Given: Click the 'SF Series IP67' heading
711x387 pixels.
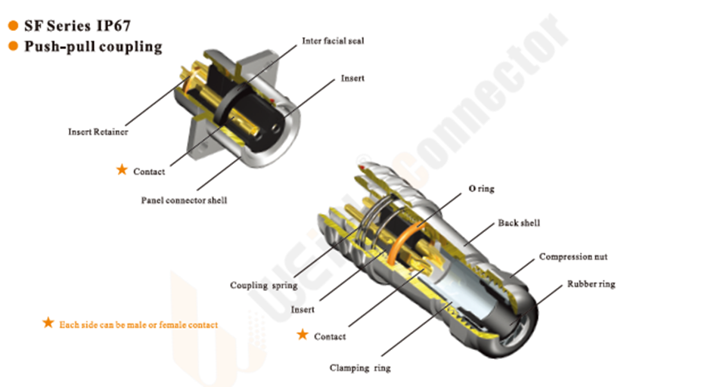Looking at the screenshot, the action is pos(78,26).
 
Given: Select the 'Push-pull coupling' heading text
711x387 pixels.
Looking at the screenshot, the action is pos(93,47).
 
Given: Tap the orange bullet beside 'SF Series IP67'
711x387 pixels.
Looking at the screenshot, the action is pos(13,26).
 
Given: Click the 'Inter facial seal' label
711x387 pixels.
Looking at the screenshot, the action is pos(333,41).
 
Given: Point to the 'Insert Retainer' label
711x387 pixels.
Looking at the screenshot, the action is pos(98,132).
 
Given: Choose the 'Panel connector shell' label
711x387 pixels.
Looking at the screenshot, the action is pos(184,200).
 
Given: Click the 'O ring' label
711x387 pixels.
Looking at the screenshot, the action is pos(481,188).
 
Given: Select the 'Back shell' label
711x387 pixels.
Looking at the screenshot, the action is pos(519,223).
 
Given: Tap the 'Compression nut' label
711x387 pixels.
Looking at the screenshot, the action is pos(573,257).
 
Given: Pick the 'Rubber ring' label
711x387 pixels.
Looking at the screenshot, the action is pos(591,284).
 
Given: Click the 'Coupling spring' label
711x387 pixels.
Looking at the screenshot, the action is pos(263,286).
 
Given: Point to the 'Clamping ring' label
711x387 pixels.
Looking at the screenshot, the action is pos(360,368).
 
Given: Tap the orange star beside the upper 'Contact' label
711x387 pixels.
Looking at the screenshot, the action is pos(122,170).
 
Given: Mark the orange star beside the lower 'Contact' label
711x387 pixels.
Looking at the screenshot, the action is pos(303,335).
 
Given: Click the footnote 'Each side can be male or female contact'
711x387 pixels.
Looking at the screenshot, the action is pos(138,325).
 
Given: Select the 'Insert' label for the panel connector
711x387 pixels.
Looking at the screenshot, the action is pos(352,79).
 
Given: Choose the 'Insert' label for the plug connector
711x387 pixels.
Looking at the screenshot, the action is pos(303,309).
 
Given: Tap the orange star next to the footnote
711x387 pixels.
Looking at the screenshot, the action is pos(48,323).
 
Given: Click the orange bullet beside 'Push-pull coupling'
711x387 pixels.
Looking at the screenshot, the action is pos(13,46).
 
